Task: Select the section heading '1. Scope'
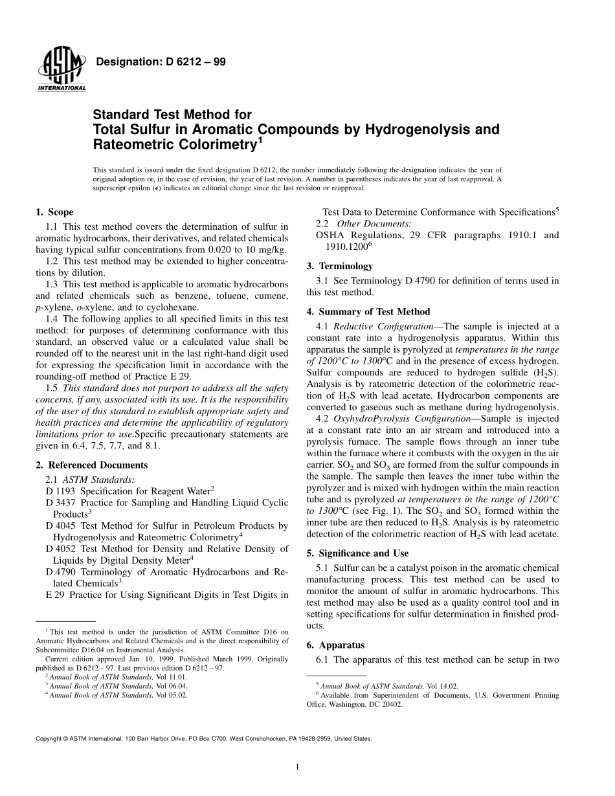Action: [54, 212]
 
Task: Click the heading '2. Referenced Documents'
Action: [91, 465]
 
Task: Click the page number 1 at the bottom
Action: [297, 768]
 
